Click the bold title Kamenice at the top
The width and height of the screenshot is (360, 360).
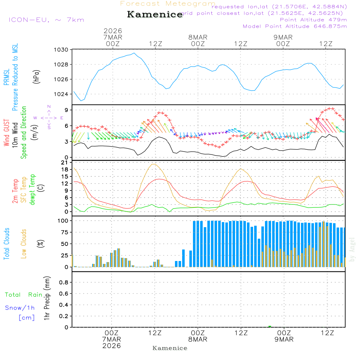pyautogui.click(x=155, y=14)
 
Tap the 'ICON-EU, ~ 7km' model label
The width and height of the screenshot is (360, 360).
pyautogui.click(x=46, y=20)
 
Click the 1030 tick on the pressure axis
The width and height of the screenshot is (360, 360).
pyautogui.click(x=62, y=50)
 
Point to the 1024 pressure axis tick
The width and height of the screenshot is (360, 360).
pyautogui.click(x=62, y=94)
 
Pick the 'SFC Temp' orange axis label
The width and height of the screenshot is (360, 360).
pyautogui.click(x=24, y=190)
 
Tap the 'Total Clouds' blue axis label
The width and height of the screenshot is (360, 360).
pyautogui.click(x=7, y=244)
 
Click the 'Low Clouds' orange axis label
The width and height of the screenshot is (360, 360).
pyautogui.click(x=24, y=244)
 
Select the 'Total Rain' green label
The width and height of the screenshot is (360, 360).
pyautogui.click(x=23, y=295)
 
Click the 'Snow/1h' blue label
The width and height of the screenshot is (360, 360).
pyautogui.click(x=20, y=308)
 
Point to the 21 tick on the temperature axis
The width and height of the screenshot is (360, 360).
pyautogui.click(x=65, y=163)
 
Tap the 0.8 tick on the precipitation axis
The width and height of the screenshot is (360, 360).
pyautogui.click(x=63, y=283)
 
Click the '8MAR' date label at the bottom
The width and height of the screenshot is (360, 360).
pyautogui.click(x=198, y=339)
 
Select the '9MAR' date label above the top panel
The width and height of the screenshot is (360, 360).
pyautogui.click(x=283, y=37)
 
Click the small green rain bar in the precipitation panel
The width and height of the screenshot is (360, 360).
pyautogui.click(x=270, y=326)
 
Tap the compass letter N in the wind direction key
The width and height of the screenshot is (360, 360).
pyautogui.click(x=49, y=107)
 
